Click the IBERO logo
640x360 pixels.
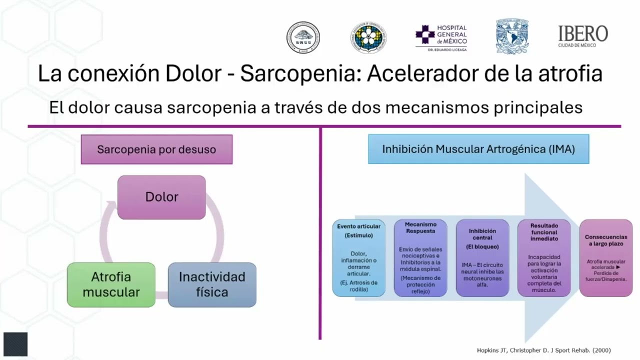(x=583, y=36)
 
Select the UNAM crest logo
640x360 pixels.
(x=512, y=36)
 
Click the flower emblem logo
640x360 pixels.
(x=368, y=37)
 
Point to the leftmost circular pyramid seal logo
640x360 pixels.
(x=303, y=37)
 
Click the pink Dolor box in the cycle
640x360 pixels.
(x=161, y=197)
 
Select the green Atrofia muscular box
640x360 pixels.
(x=111, y=284)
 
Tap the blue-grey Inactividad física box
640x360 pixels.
(x=212, y=284)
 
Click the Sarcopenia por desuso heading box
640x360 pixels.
(x=156, y=149)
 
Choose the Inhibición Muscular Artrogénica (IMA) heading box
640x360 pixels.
(x=478, y=149)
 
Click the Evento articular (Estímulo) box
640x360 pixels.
(x=358, y=258)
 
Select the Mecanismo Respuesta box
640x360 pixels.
(x=420, y=258)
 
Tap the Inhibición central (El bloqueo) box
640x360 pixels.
(x=482, y=258)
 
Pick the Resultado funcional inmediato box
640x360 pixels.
(x=544, y=258)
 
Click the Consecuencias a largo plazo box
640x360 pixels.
(x=606, y=258)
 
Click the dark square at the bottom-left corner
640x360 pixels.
(x=15, y=344)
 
